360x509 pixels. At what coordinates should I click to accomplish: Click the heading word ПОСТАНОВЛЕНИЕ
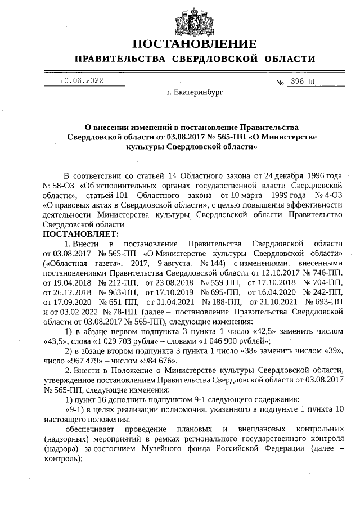point(195,44)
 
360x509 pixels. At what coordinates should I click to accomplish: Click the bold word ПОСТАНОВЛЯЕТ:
point(78,233)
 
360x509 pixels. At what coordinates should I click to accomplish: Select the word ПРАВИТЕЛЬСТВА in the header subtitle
point(119,59)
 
